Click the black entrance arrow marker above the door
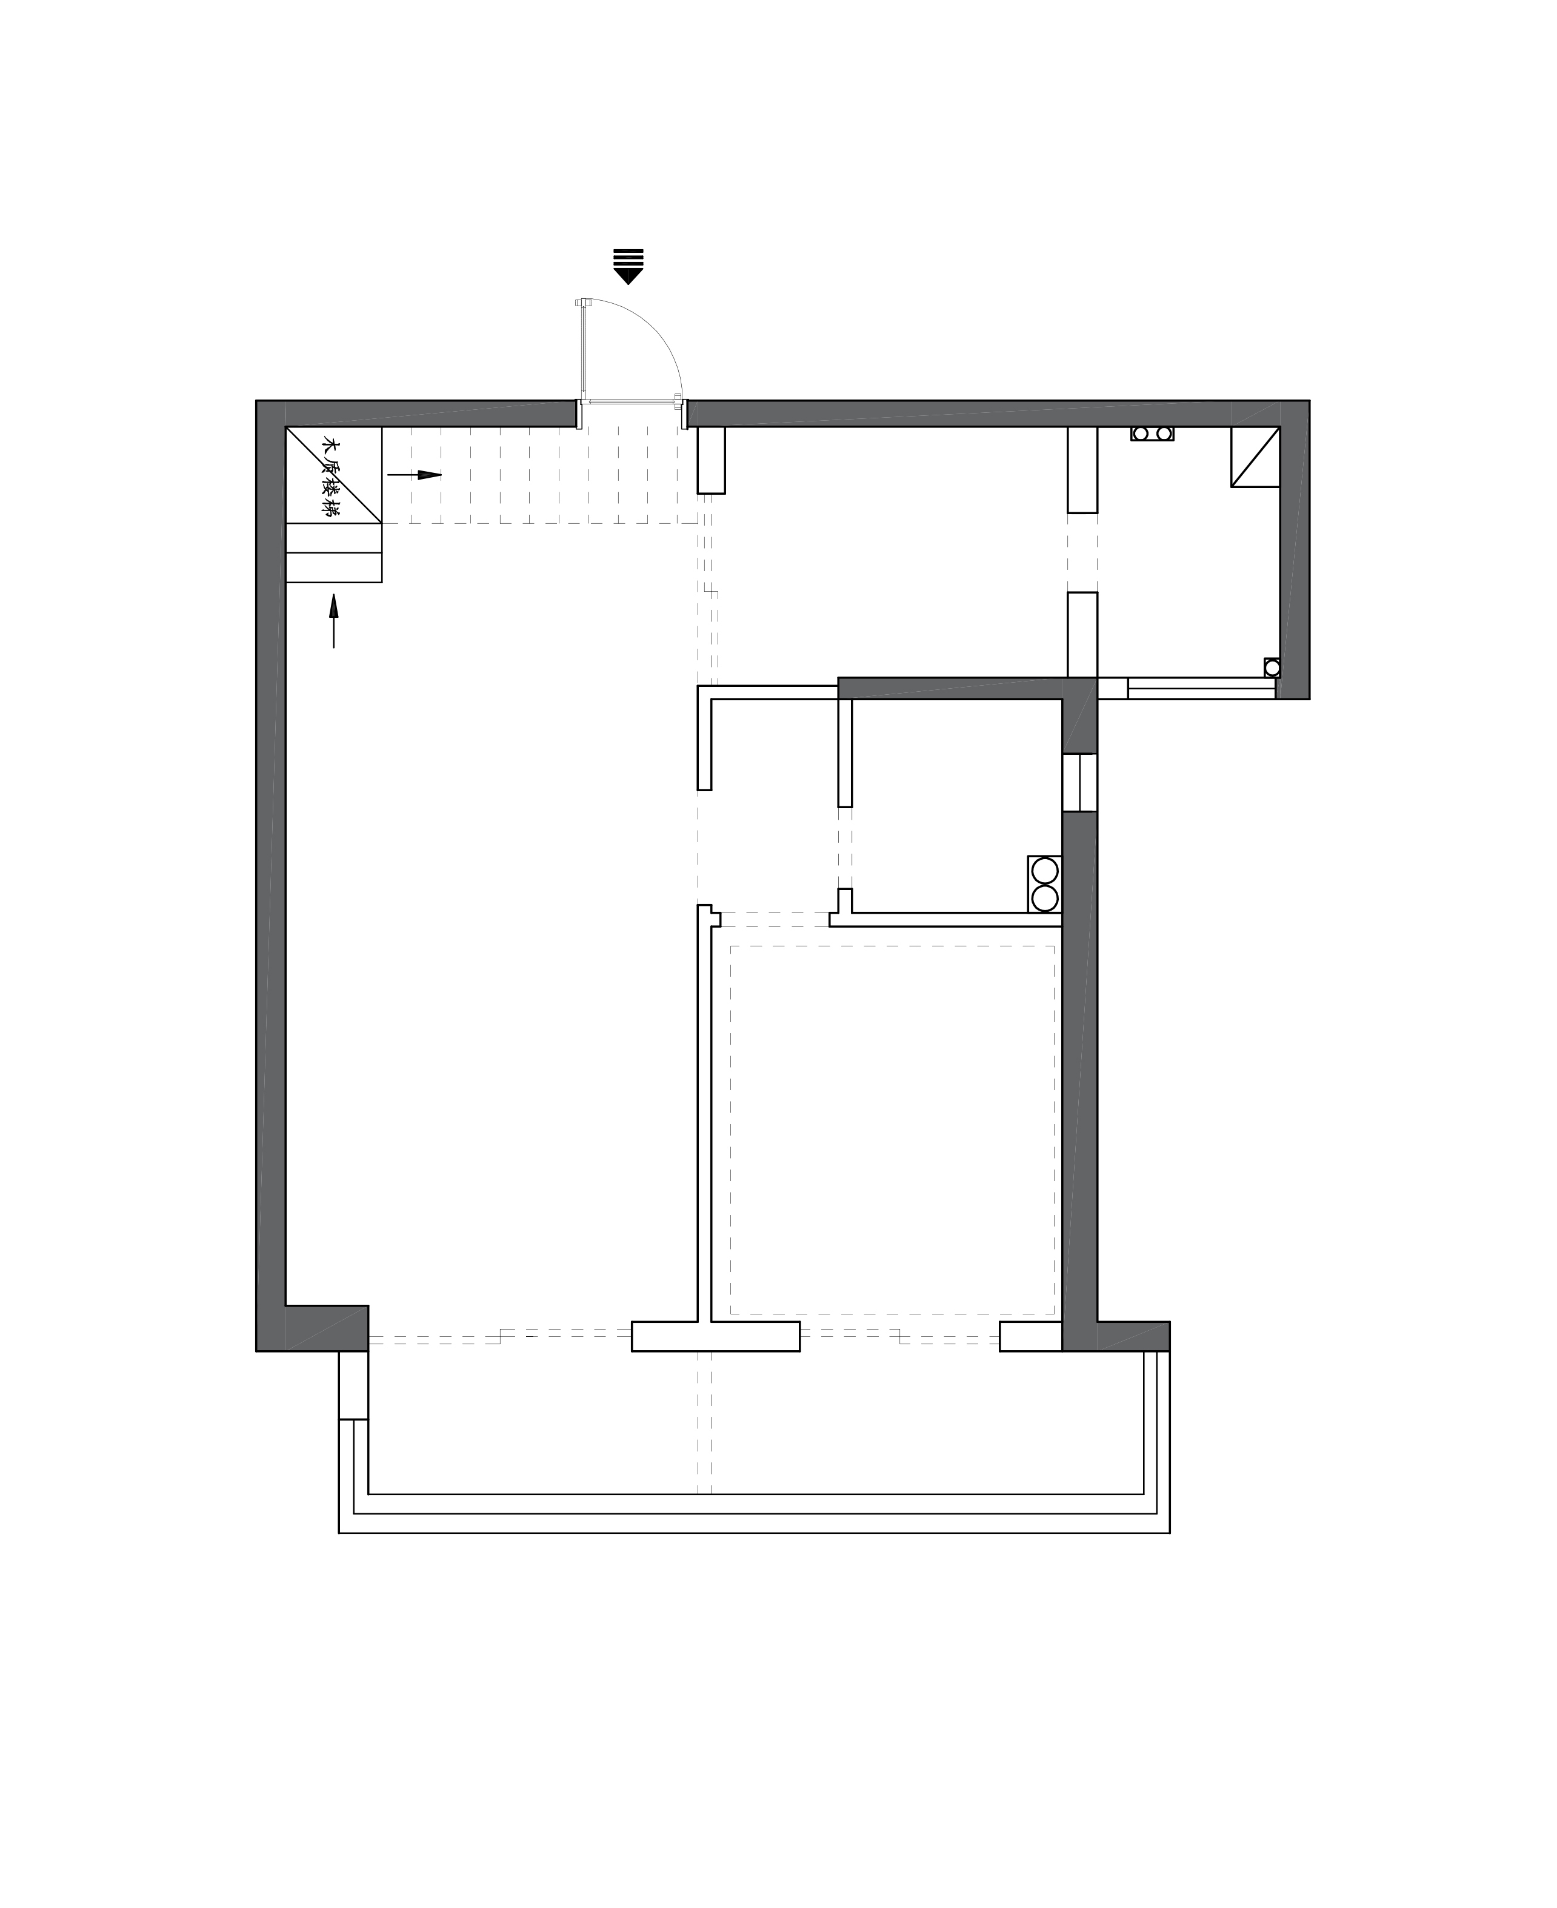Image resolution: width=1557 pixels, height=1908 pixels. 628,266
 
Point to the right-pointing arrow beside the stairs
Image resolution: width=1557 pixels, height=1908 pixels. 415,475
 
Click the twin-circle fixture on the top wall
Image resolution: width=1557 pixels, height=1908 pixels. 1153,433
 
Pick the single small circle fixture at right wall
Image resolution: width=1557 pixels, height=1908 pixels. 1272,668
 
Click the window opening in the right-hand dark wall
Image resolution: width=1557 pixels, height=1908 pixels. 1080,782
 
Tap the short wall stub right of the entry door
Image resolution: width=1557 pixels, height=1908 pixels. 712,460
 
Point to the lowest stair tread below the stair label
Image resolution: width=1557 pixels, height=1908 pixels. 333,568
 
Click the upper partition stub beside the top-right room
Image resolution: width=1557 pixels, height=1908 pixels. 1082,469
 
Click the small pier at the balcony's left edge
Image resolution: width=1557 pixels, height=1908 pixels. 353,1385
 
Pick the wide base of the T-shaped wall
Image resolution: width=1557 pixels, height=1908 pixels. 716,1336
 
